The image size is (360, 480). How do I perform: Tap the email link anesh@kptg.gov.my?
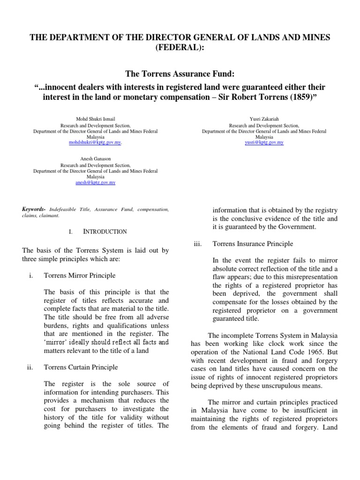click(x=95, y=183)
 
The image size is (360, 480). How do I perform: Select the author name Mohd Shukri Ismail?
click(x=95, y=120)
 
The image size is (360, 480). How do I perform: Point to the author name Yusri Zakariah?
click(x=264, y=120)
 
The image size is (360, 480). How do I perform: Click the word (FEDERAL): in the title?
click(x=180, y=49)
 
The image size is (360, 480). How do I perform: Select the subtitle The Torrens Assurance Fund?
click(x=180, y=75)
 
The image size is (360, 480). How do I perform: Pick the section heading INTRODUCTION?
click(x=105, y=232)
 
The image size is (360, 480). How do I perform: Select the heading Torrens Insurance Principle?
click(x=253, y=244)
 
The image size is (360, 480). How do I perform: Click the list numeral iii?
click(x=197, y=244)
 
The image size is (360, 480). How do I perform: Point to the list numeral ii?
click(x=30, y=367)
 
